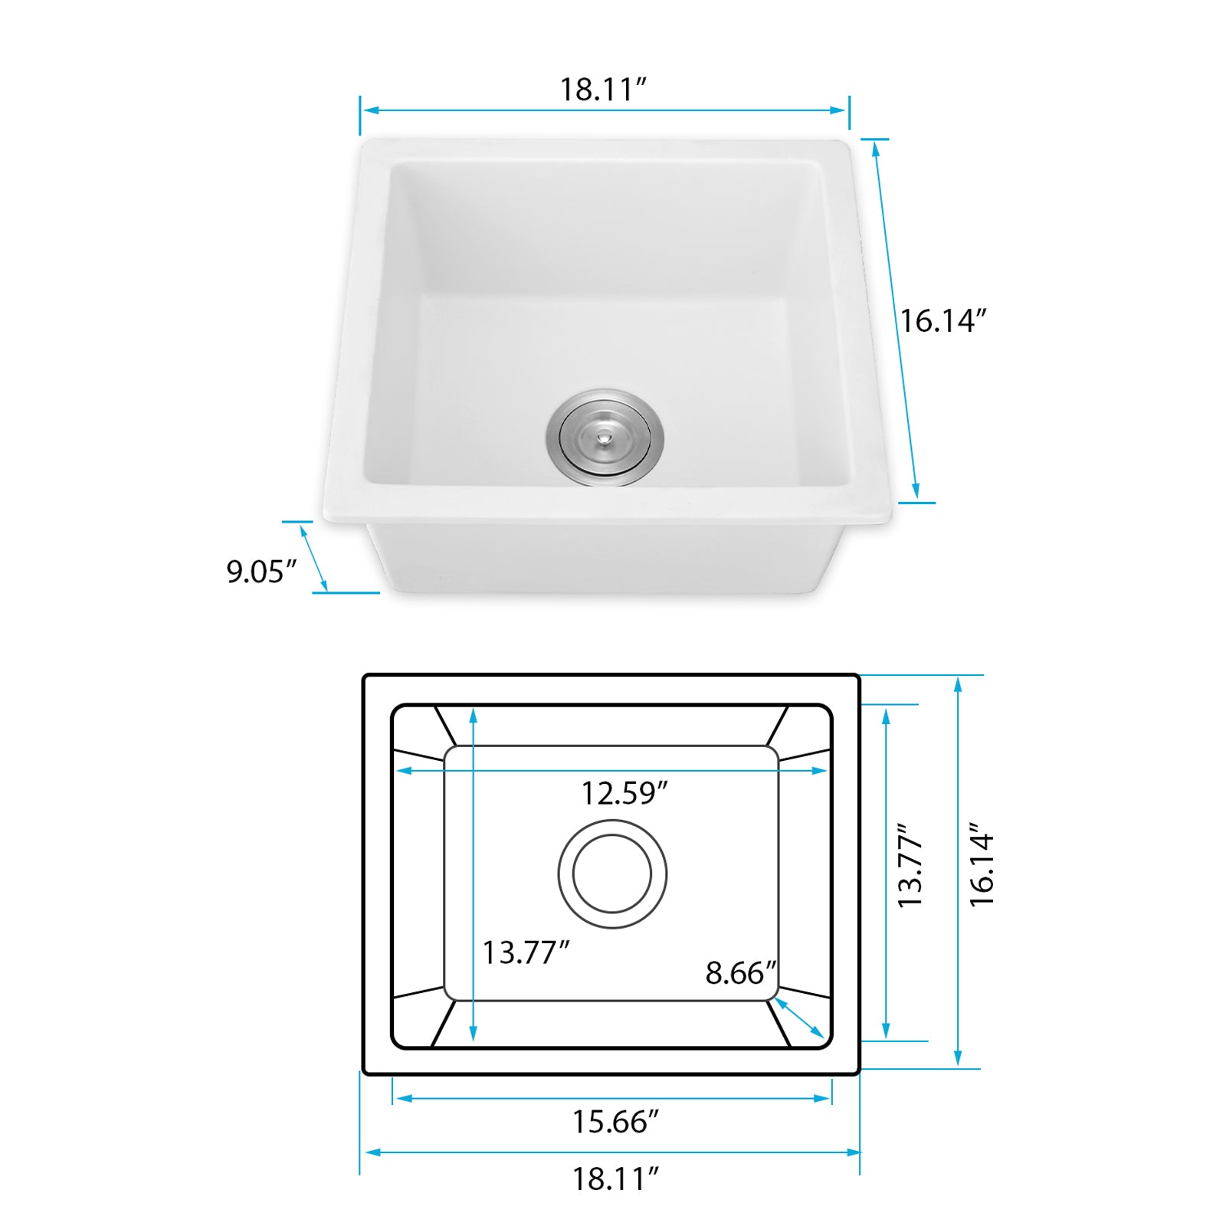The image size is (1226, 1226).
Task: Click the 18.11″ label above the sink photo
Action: pyautogui.click(x=603, y=90)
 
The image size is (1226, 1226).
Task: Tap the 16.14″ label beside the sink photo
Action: pyautogui.click(x=942, y=321)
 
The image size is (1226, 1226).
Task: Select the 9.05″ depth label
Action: pyautogui.click(x=261, y=572)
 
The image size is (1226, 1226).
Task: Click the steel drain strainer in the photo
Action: pyautogui.click(x=605, y=437)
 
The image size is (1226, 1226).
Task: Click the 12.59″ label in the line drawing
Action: pyautogui.click(x=624, y=793)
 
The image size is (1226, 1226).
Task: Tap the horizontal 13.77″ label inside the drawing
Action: pyautogui.click(x=525, y=952)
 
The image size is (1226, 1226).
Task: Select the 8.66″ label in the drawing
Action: pyautogui.click(x=740, y=973)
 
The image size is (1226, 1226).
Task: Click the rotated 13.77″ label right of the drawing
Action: pyautogui.click(x=911, y=866)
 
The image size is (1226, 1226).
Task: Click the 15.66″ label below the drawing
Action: pyautogui.click(x=615, y=1122)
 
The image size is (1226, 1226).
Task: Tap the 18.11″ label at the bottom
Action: pyautogui.click(x=615, y=1178)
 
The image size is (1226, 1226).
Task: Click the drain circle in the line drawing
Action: pyautogui.click(x=612, y=874)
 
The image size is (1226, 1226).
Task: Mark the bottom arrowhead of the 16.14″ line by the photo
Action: pyautogui.click(x=916, y=492)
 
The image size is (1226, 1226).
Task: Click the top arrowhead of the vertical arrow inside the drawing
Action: pyautogui.click(x=474, y=715)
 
